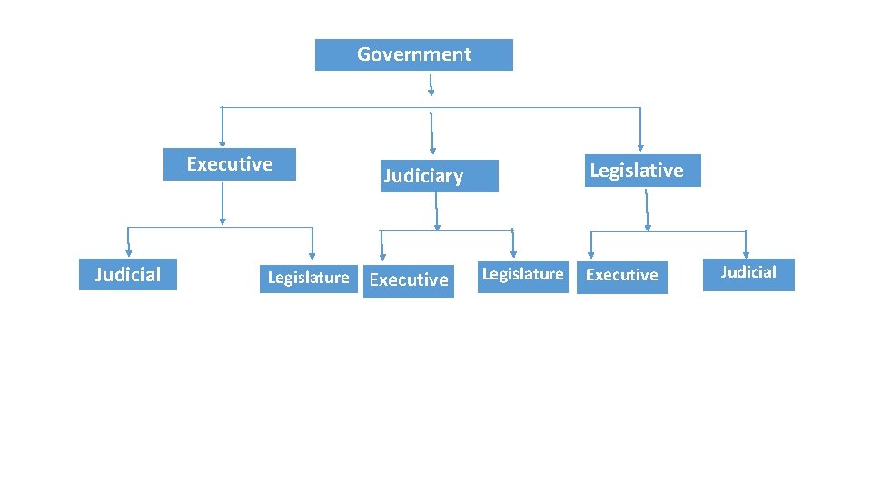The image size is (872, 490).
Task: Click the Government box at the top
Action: coord(413,54)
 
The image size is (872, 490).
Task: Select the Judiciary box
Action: coord(440,176)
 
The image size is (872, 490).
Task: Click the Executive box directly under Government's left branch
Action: coord(230,164)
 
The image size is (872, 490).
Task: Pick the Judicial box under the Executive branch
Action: coord(128,274)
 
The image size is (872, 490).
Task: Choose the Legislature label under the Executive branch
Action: coord(308,278)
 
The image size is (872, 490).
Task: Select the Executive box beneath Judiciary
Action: coord(408,279)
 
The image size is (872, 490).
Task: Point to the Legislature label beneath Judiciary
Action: coord(522,274)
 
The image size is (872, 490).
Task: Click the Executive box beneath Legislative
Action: coord(622,275)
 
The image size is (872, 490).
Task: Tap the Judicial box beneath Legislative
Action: coord(748,273)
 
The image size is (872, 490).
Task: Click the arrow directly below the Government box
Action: coord(431,85)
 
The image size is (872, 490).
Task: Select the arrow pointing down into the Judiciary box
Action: coord(432,134)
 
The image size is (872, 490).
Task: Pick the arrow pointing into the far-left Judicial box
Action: coord(128,242)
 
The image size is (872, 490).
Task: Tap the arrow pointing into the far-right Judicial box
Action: coord(747,243)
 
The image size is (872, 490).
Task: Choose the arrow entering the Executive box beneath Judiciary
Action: coord(381,247)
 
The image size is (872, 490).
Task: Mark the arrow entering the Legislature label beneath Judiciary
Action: coord(513,243)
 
